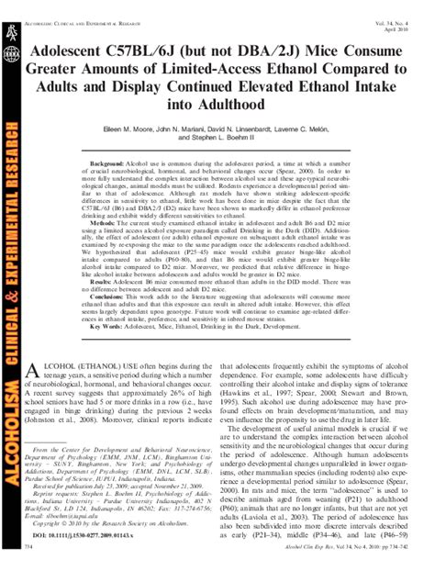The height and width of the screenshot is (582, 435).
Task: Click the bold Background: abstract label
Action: tap(109, 162)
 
